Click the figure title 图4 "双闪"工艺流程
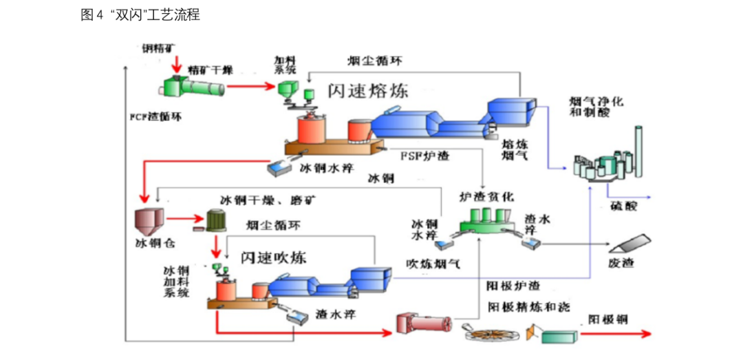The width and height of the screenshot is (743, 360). coord(140,14)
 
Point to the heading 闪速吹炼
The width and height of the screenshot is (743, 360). coord(273,256)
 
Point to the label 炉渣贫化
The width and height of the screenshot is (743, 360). coord(486,196)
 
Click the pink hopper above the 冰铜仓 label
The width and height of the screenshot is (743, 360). coord(148,220)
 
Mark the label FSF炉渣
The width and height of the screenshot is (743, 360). coord(425,156)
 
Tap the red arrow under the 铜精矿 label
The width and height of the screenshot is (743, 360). coord(177,65)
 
